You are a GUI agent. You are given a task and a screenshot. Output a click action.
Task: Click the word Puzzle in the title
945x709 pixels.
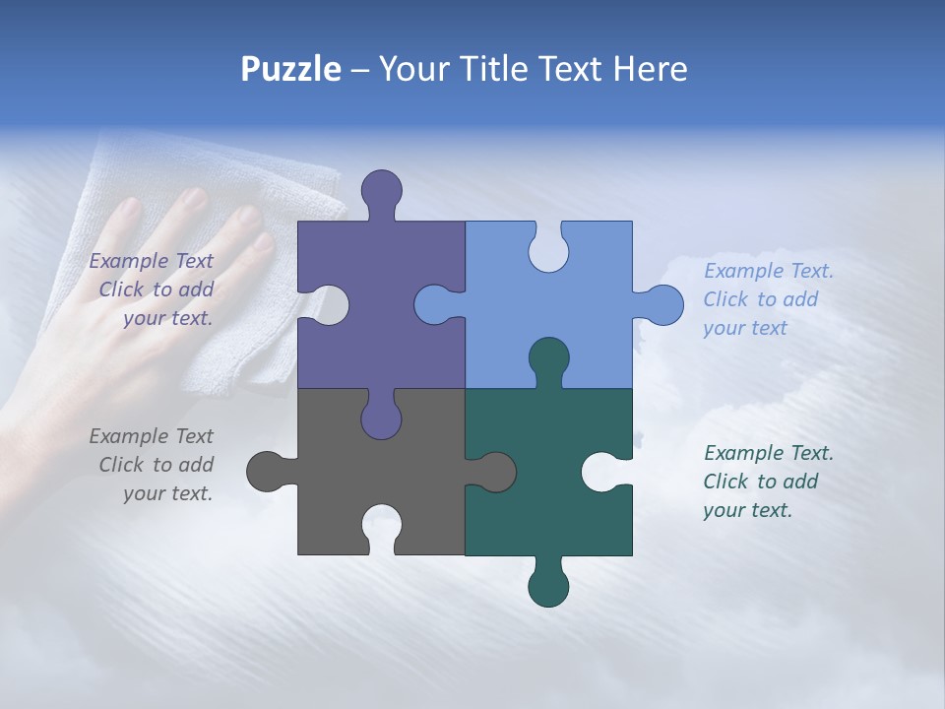point(290,70)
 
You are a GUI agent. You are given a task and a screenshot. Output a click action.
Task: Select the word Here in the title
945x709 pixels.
point(650,69)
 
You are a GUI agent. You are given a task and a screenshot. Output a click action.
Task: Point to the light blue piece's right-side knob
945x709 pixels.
point(661,305)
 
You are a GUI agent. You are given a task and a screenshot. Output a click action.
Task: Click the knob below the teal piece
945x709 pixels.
point(548,585)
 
